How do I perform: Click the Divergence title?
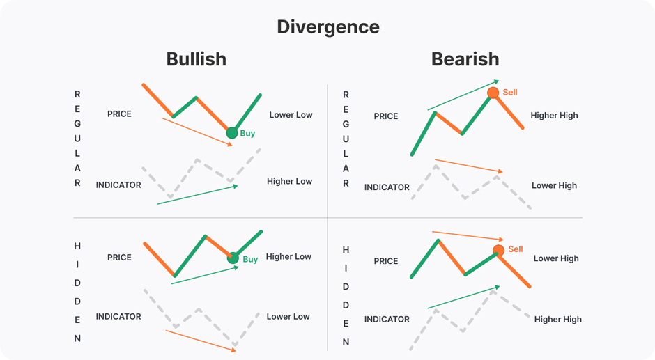327,27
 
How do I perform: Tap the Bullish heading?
196,59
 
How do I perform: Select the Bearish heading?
465,59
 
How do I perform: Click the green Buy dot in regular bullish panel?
232,133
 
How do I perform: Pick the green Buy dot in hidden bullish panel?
233,258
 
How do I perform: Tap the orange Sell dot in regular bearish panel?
493,93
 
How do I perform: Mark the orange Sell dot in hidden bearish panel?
498,251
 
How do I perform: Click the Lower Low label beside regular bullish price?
291,115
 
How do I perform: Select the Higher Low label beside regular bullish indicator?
289,182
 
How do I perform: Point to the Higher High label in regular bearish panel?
554,116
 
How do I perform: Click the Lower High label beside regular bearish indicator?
554,186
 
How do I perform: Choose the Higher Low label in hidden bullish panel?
288,256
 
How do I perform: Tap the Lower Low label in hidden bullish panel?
288,317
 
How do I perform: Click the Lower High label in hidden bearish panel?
556,258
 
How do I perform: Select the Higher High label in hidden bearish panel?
557,320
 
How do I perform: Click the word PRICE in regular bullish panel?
119,114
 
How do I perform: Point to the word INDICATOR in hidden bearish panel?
387,320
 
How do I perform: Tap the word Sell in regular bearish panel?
510,92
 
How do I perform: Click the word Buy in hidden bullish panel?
250,259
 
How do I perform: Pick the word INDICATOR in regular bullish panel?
118,185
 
